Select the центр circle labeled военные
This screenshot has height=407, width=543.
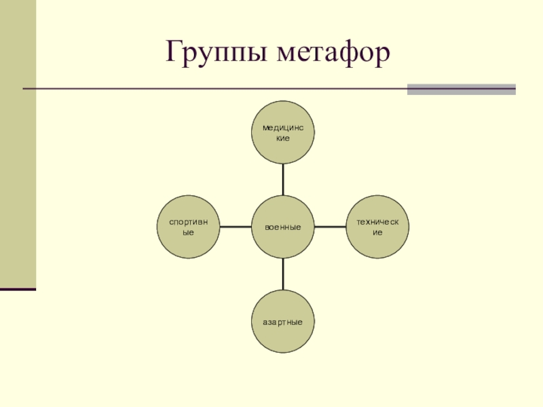283,227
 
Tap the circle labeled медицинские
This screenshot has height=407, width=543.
283,133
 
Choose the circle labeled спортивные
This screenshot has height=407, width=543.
189,227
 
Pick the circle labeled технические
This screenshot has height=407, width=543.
377,227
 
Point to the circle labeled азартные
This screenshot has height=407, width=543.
283,321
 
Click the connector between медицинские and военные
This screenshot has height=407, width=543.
283,180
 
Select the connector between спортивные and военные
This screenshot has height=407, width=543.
236,227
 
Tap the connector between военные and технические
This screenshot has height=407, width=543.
331,227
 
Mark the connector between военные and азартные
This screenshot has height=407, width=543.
283,274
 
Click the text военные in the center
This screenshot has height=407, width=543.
283,227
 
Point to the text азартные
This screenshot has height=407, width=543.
283,321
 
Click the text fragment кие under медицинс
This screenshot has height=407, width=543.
283,138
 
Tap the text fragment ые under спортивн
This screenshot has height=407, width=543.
189,232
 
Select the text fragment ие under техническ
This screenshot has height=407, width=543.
377,232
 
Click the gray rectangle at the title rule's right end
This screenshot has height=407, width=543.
461,89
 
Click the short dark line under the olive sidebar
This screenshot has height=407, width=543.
18,290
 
